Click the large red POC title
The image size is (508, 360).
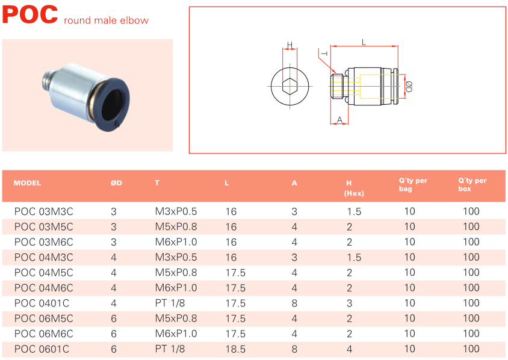click(x=30, y=14)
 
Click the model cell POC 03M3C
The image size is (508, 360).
click(x=43, y=211)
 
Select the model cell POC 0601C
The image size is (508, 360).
click(x=41, y=349)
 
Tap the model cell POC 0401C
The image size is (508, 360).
click(x=41, y=303)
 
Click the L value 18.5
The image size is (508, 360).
click(x=235, y=349)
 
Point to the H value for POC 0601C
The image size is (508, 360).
click(x=349, y=349)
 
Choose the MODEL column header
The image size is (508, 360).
click(x=27, y=183)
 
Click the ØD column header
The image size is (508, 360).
click(x=116, y=183)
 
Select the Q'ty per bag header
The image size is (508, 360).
click(x=413, y=184)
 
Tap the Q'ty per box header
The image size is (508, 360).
click(x=472, y=184)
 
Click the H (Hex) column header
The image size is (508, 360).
click(x=352, y=188)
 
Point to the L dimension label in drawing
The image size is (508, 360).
click(x=364, y=42)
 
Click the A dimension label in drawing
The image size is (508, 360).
click(x=339, y=120)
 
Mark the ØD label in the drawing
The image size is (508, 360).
click(x=409, y=86)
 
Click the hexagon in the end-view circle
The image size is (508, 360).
click(x=290, y=86)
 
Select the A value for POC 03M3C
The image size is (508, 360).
click(x=294, y=211)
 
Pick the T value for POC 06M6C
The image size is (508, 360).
click(x=176, y=334)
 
